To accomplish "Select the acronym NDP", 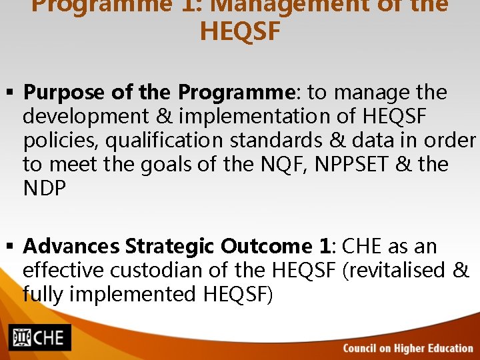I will click(x=45, y=188).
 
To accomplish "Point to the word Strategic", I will click(x=170, y=247).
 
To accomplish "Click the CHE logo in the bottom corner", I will click(x=40, y=338).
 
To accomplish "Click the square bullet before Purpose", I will click(x=12, y=93).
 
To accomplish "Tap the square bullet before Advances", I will click(x=12, y=247).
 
